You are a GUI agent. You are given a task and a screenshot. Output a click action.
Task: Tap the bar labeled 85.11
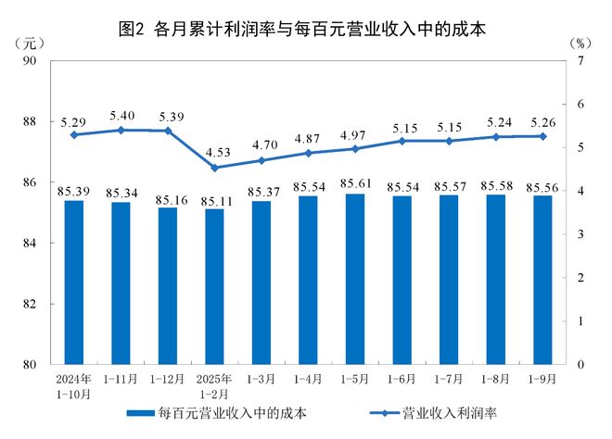point(214,286)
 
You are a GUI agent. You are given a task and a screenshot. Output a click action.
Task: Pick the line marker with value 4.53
point(214,168)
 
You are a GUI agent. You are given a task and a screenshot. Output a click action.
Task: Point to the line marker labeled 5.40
point(120,130)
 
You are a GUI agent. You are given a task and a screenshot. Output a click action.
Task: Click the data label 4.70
point(261,144)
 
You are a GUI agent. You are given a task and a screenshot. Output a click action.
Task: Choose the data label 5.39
point(167,116)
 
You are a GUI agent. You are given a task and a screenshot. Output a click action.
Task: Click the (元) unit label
point(29,44)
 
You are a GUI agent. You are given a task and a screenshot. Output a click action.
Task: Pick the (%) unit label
point(579,44)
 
